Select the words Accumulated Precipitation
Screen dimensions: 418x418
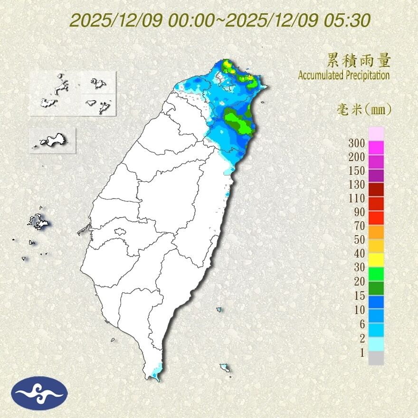pyautogui.click(x=344, y=75)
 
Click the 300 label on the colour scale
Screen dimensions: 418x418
pyautogui.click(x=356, y=143)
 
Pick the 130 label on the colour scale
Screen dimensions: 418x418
pyautogui.click(x=356, y=184)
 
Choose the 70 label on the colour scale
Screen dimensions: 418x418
pyautogui.click(x=359, y=226)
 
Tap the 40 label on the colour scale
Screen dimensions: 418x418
pyautogui.click(x=359, y=253)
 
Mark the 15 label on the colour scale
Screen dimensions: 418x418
pyautogui.click(x=359, y=295)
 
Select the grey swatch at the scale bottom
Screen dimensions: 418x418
pyautogui.click(x=376, y=358)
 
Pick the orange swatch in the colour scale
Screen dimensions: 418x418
pyautogui.click(x=376, y=231)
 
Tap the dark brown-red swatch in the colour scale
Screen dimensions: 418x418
pyautogui.click(x=376, y=190)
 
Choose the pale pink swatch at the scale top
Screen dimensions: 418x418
pyautogui.click(x=376, y=133)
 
